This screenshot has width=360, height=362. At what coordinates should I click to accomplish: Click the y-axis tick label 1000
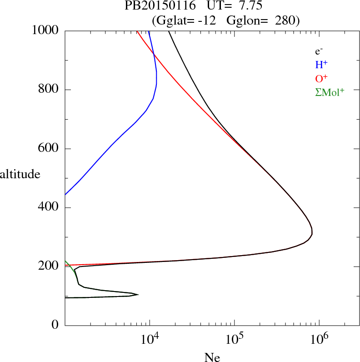(45, 30)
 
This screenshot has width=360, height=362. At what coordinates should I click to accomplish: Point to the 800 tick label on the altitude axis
(49, 90)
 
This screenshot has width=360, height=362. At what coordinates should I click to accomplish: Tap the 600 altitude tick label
(49, 149)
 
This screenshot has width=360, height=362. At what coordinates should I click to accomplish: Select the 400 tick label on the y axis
(49, 208)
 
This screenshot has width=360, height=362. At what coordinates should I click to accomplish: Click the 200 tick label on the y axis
(49, 266)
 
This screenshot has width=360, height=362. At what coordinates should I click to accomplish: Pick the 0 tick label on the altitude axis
(55, 325)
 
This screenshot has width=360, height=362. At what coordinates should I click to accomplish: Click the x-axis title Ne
(212, 357)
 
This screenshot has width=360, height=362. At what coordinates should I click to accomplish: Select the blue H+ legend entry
(321, 65)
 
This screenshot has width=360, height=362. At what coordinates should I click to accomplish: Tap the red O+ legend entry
(321, 78)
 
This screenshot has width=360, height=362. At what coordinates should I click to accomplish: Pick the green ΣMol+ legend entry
(330, 92)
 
